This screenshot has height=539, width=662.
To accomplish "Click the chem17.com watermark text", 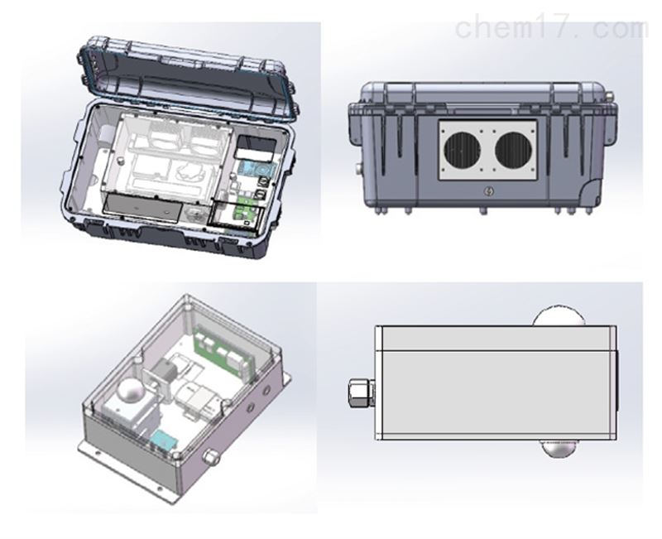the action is point(551,28).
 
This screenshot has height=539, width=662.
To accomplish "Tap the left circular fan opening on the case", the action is point(463,150).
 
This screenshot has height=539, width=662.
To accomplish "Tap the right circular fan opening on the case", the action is point(513,150).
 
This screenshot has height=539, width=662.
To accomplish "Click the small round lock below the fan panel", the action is point(488,191).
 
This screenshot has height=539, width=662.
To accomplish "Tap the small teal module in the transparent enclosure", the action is point(165,440).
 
